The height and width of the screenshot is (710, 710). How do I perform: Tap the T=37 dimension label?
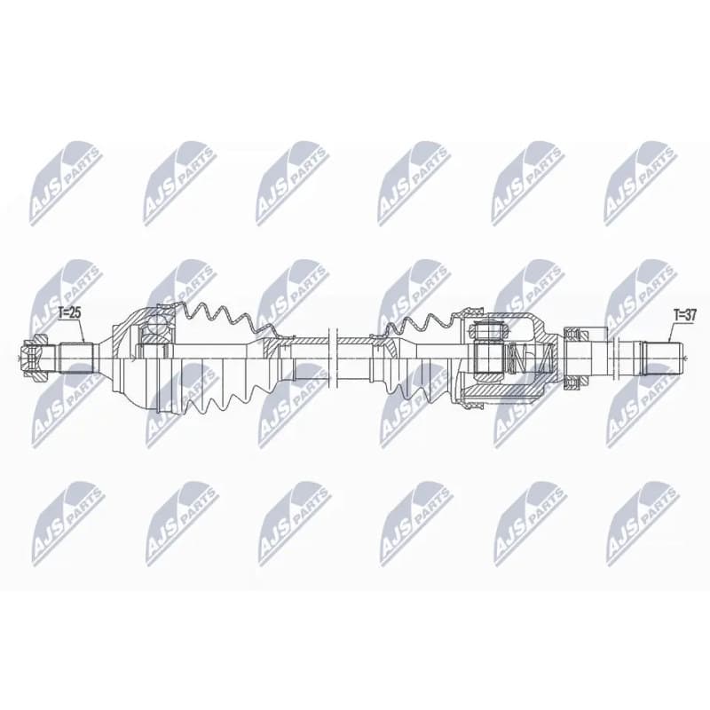click(x=684, y=315)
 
